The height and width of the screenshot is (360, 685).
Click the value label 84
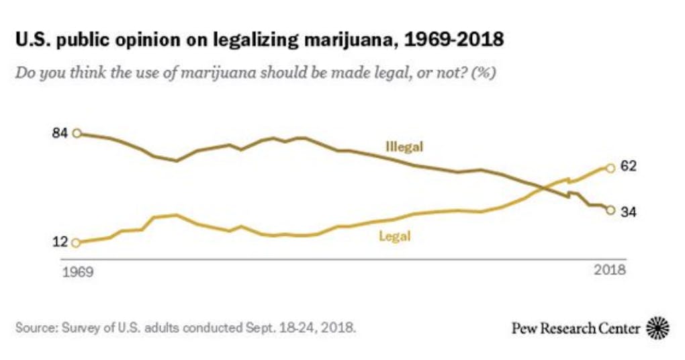coord(60,133)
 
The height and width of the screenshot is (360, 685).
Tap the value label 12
coord(60,242)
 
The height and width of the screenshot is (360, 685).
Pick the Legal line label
coord(394,236)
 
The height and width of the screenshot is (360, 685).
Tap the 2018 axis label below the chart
coord(610,271)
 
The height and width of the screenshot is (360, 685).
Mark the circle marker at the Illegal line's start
coord(77,133)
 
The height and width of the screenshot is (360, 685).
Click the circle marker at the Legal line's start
coord(76,243)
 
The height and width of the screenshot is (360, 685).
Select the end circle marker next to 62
coord(610,167)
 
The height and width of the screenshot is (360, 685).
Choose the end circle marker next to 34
coord(610,210)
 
